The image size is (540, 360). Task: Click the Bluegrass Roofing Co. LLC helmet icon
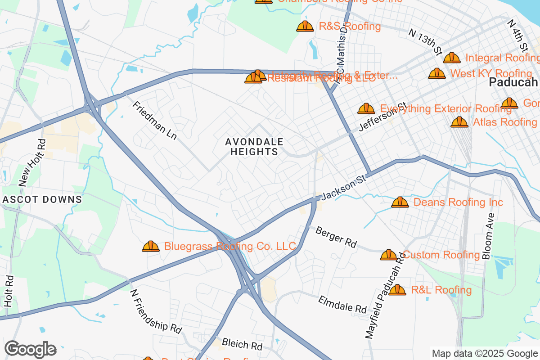151,246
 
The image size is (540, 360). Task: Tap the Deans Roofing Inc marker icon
400,202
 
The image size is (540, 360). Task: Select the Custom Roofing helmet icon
389,255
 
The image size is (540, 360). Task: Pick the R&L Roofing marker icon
397,290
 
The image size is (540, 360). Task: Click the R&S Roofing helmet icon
305,27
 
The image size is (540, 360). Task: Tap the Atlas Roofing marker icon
459,122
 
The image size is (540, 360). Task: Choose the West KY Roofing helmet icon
437,73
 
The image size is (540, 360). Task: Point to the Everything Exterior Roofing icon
366,108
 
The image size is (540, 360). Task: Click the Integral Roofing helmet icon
452,58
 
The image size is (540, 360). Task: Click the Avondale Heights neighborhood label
254,147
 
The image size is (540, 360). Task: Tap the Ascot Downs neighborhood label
43,199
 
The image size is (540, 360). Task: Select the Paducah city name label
513,82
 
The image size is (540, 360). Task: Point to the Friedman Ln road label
154,120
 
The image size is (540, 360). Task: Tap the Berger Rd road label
336,238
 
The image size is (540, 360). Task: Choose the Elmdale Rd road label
342,305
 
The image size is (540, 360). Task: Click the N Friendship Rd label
156,311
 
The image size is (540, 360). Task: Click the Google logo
30,349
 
